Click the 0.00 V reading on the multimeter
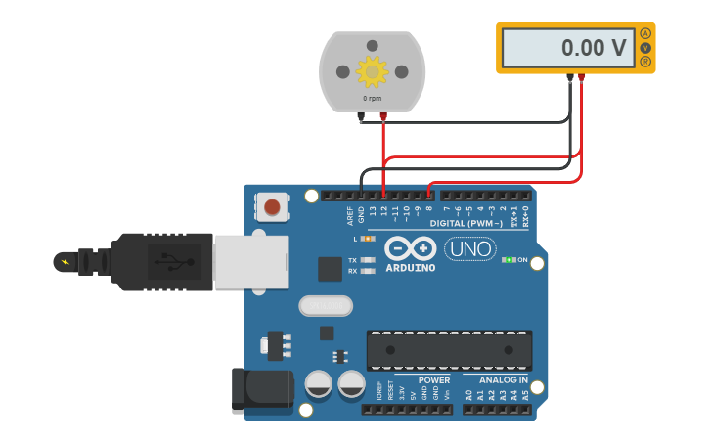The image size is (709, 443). tap(593, 47)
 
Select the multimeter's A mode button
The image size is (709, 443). tap(645, 33)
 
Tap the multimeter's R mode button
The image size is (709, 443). tap(645, 62)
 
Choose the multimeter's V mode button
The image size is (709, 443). tap(645, 47)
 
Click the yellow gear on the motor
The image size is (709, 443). tap(372, 70)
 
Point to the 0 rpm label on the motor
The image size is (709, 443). tap(372, 98)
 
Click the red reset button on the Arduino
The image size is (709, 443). tap(272, 206)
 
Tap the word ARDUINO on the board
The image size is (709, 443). tap(410, 268)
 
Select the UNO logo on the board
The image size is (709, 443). tap(469, 248)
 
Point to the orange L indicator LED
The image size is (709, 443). tap(367, 239)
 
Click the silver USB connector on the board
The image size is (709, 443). tap(251, 261)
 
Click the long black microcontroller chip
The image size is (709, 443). tap(449, 350)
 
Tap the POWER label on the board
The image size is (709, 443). tap(434, 380)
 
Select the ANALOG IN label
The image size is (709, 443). tap(503, 380)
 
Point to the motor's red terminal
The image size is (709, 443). tap(383, 117)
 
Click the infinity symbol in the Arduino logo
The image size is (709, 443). tap(410, 248)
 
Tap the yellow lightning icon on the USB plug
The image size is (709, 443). tap(66, 261)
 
